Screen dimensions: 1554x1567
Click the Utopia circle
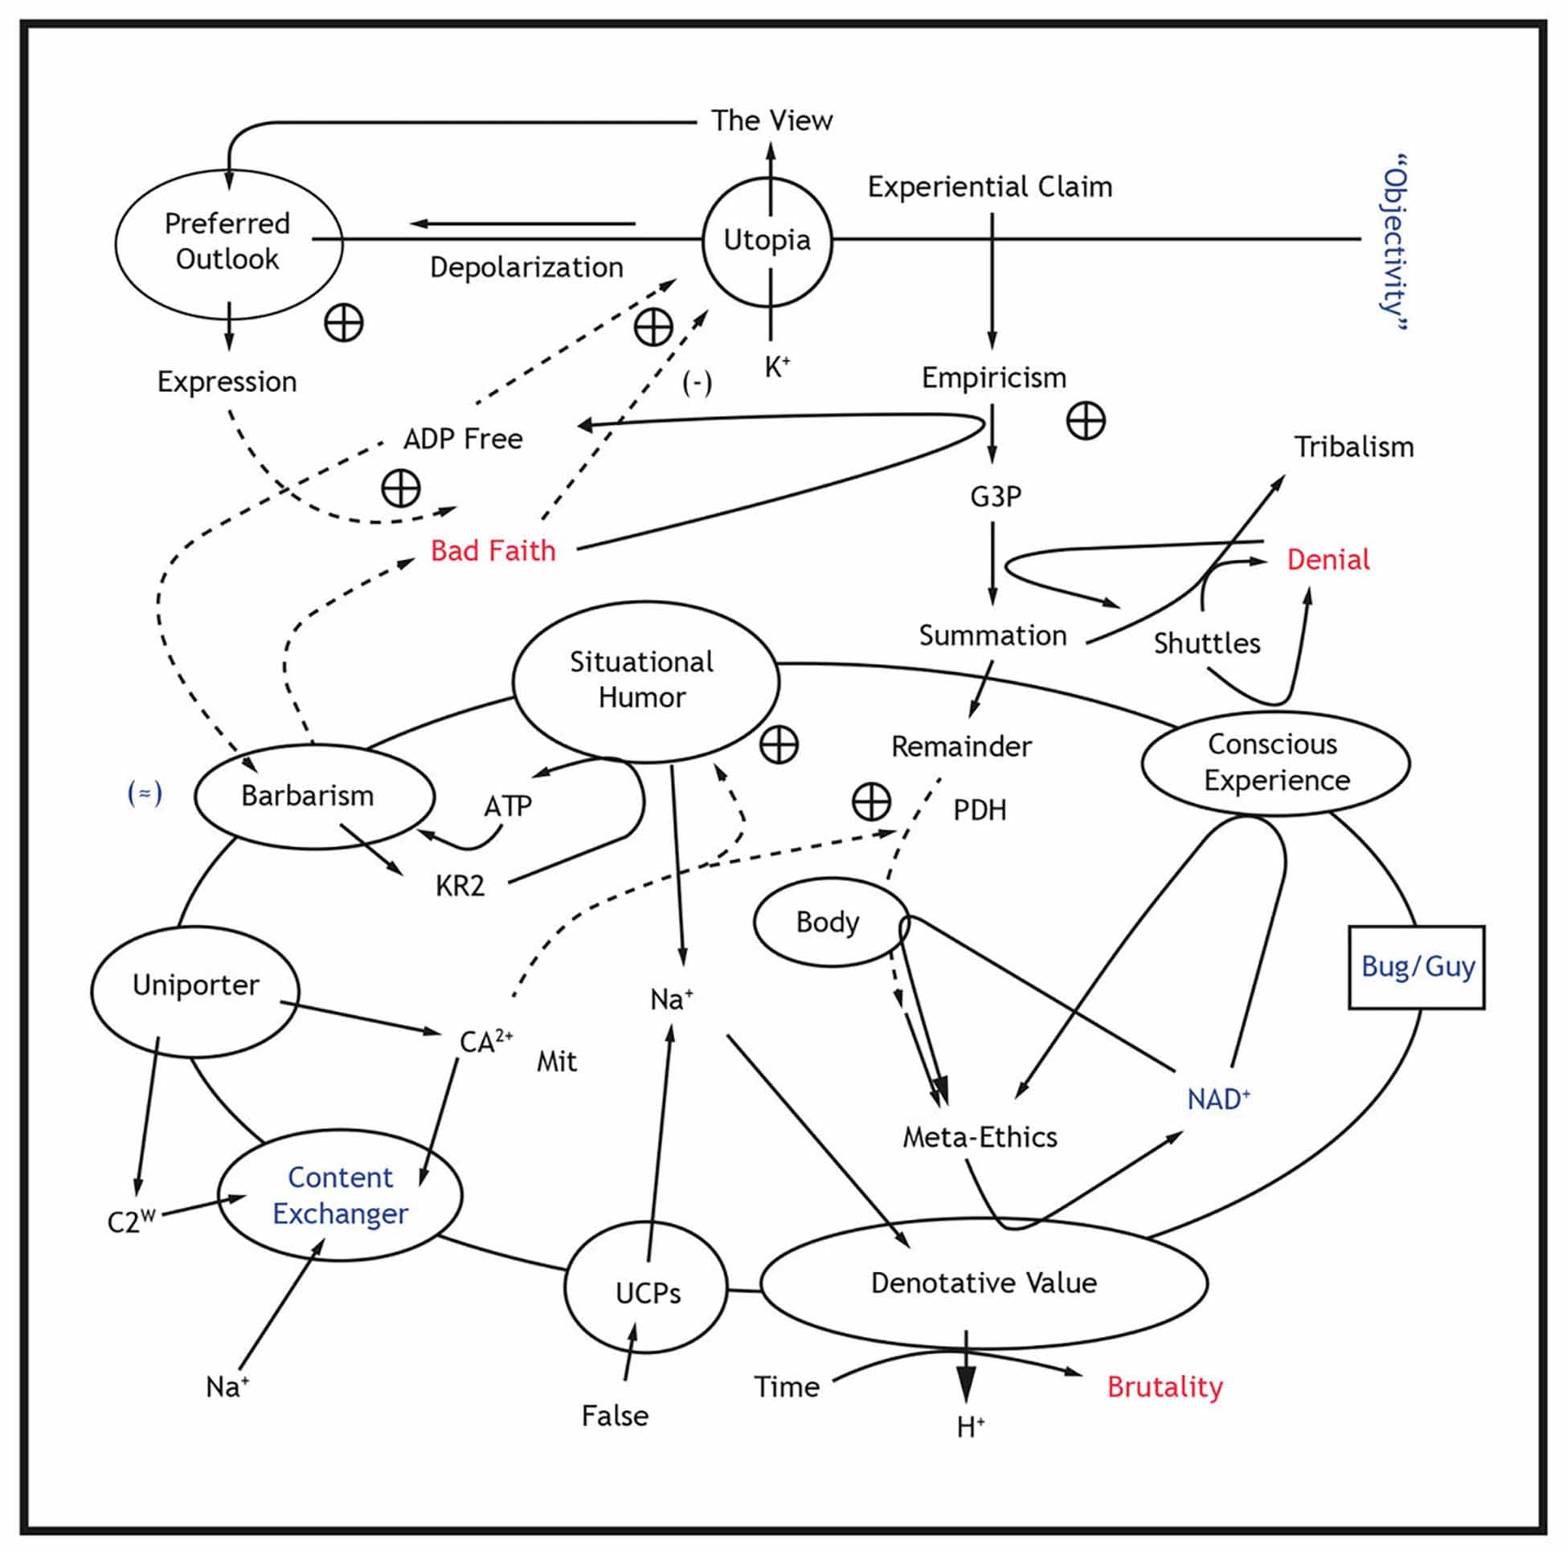pyautogui.click(x=767, y=241)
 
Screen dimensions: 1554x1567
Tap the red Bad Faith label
pyautogui.click(x=493, y=551)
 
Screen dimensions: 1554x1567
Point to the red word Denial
pyautogui.click(x=1328, y=559)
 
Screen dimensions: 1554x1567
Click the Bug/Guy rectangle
pyautogui.click(x=1416, y=966)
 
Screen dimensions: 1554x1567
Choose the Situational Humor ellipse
pyautogui.click(x=644, y=680)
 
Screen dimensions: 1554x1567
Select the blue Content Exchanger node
pyautogui.click(x=341, y=1195)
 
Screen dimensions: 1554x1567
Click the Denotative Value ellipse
pyautogui.click(x=984, y=1283)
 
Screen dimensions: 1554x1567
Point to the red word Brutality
pyautogui.click(x=1164, y=1387)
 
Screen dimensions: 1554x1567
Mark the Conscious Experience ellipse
pyautogui.click(x=1276, y=763)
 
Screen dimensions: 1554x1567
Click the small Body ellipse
pyautogui.click(x=829, y=922)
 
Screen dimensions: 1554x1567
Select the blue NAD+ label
pyautogui.click(x=1217, y=1099)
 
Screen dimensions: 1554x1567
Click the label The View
pyautogui.click(x=771, y=120)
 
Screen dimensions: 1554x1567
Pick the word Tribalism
pyautogui.click(x=1353, y=447)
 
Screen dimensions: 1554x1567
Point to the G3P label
pyautogui.click(x=995, y=496)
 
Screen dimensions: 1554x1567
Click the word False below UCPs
pyautogui.click(x=615, y=1416)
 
